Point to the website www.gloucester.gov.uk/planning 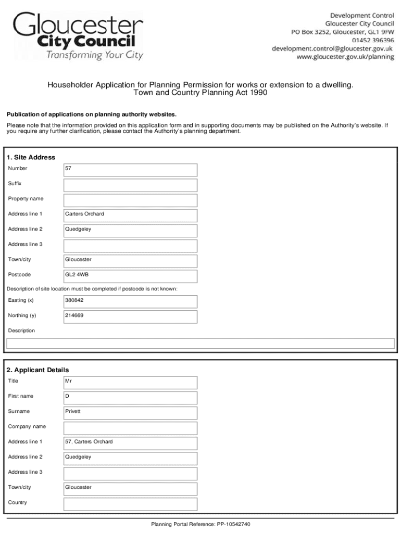click(x=345, y=57)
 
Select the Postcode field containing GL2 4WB click(x=130, y=275)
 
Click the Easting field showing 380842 click(x=130, y=301)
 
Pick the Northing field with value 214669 click(x=130, y=316)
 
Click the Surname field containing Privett click(x=130, y=412)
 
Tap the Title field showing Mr click(x=130, y=382)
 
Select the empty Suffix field click(x=130, y=184)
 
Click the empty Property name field click(x=130, y=199)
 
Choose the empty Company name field click(x=130, y=427)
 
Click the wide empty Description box click(x=200, y=343)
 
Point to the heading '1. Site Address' click(x=31, y=157)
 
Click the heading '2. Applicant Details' click(x=37, y=370)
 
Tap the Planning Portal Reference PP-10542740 click(x=200, y=524)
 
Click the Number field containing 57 click(x=130, y=169)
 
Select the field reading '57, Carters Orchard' click(x=130, y=442)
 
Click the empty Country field click(x=130, y=503)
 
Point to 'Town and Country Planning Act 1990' click(x=200, y=93)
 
